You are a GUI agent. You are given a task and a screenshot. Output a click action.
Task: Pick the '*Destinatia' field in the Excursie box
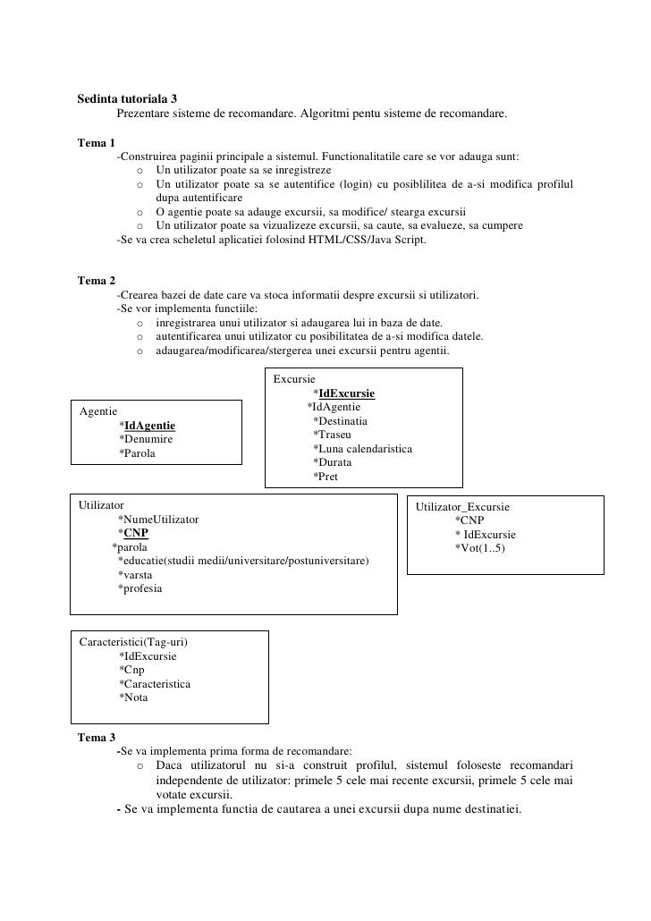(340, 421)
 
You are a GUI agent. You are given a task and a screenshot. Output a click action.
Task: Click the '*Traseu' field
(332, 435)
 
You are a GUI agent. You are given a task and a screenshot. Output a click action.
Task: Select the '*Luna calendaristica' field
(361, 449)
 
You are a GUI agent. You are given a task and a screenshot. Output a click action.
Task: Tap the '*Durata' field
(332, 462)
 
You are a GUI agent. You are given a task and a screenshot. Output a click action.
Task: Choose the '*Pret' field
(325, 477)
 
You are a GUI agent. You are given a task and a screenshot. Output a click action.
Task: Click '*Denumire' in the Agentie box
(146, 440)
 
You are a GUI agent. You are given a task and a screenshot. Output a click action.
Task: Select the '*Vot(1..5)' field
(479, 548)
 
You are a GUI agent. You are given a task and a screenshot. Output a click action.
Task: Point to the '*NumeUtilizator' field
(158, 520)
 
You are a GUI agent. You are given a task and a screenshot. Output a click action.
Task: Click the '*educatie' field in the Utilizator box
(242, 561)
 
